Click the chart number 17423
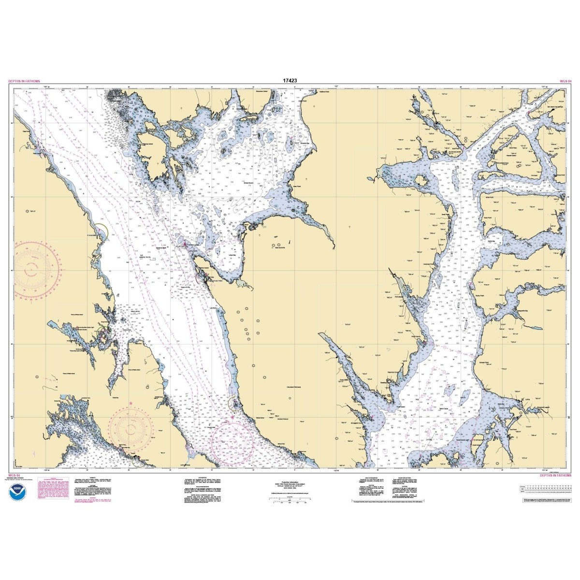coord(290,81)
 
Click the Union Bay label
coord(232,255)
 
